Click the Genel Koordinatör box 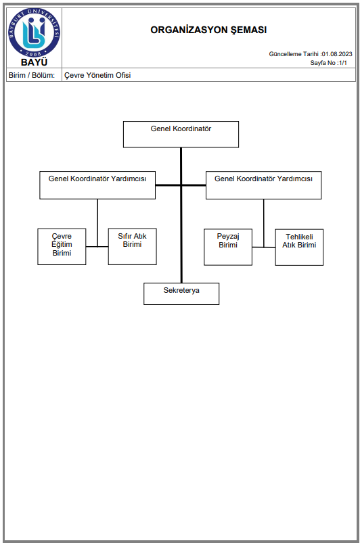[x=181, y=134]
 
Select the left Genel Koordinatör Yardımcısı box [x=97, y=185]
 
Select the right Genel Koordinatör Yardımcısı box [x=264, y=185]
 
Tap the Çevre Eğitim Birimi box [x=62, y=246]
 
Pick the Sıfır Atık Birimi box [x=132, y=246]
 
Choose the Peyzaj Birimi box [x=228, y=247]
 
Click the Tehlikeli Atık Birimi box [x=299, y=247]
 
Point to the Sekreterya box [x=181, y=293]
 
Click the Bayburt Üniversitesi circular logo [x=34, y=33]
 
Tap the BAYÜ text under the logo [x=34, y=63]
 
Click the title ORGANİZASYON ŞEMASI [x=208, y=30]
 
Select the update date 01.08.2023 [x=337, y=54]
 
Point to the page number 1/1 [x=342, y=63]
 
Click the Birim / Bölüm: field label [x=32, y=75]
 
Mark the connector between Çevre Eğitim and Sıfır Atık [x=97, y=246]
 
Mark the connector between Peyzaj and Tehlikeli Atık [x=264, y=247]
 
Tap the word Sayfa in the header [x=318, y=63]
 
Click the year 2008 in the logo [x=34, y=53]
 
